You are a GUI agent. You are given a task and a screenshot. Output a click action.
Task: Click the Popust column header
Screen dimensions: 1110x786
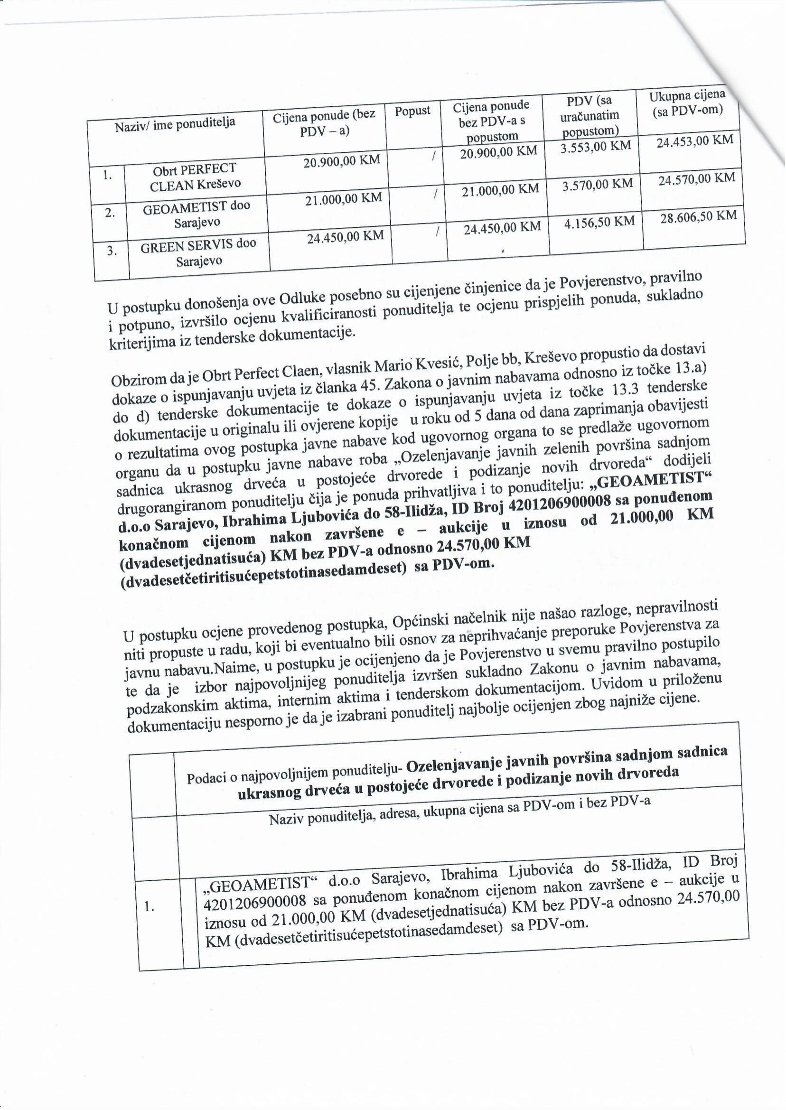pyautogui.click(x=412, y=111)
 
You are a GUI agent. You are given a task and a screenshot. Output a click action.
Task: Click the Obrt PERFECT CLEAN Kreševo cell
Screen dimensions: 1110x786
pyautogui.click(x=195, y=177)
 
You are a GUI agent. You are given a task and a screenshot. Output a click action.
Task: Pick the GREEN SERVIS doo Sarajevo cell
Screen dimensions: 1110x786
pyautogui.click(x=198, y=252)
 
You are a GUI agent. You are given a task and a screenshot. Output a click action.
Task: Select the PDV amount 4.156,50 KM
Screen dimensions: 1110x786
pyautogui.click(x=599, y=222)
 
